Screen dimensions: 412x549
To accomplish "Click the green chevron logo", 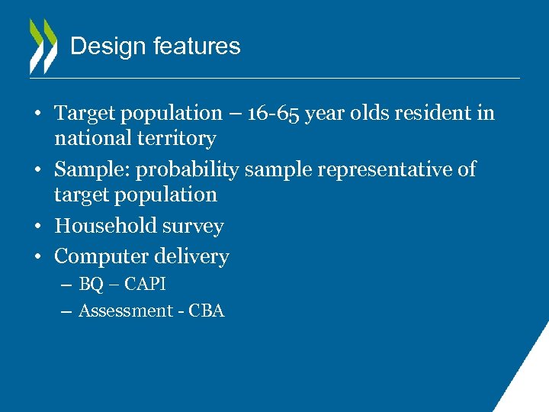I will [x=43, y=46].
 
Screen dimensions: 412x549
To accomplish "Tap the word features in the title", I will [x=197, y=47].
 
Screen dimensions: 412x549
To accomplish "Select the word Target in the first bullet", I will [x=85, y=114].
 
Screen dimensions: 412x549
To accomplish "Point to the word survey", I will [x=196, y=227].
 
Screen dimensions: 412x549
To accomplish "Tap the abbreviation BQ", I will [x=91, y=285].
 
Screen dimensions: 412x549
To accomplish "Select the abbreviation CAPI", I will [x=145, y=285].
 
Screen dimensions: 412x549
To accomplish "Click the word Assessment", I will [x=126, y=311].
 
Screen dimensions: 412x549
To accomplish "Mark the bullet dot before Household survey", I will [x=37, y=227].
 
